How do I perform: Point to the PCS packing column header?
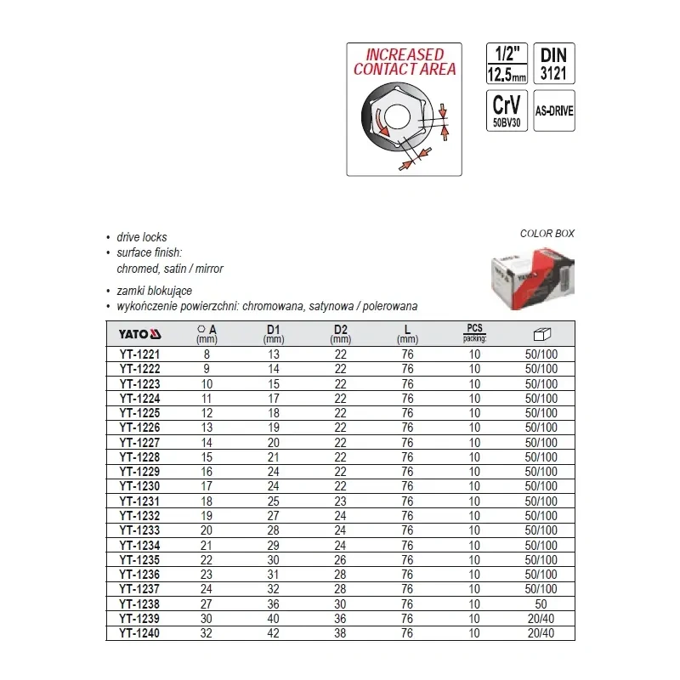[474, 331]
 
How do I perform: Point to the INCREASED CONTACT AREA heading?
[405, 62]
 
